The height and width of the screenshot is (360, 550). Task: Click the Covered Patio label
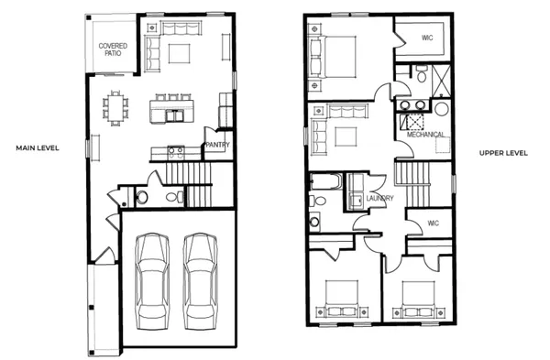tap(114, 49)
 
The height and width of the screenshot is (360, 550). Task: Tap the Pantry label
tap(217, 145)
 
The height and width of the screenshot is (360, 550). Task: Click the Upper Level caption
tap(503, 152)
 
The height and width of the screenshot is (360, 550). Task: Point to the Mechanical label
tap(426, 135)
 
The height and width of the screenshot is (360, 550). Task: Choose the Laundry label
tap(380, 198)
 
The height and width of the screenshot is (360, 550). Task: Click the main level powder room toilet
tap(141, 197)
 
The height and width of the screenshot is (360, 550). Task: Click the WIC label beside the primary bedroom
tap(427, 38)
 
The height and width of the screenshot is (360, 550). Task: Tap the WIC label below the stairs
tap(433, 223)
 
